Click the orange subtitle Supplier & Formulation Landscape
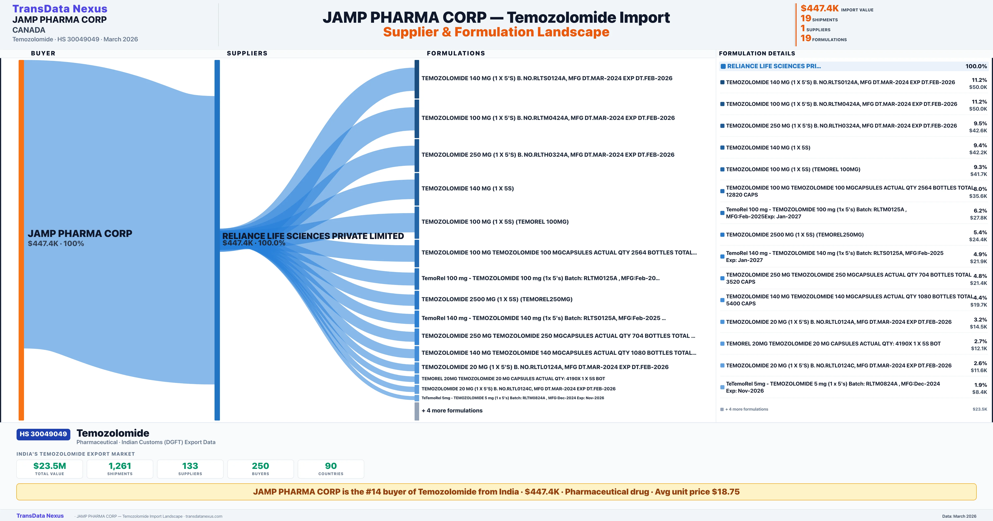tap(496, 32)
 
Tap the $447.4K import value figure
tap(819, 8)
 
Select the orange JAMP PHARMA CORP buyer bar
tap(21, 239)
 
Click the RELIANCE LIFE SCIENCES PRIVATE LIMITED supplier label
tap(313, 236)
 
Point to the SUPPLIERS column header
tap(247, 53)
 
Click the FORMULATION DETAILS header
tap(757, 53)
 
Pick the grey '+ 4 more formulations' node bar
tap(417, 411)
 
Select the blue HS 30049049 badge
tap(43, 434)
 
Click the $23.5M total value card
tap(50, 469)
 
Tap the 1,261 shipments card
tap(120, 469)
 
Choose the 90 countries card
tap(331, 469)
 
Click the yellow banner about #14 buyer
tap(496, 492)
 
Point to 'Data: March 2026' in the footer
tap(959, 516)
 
